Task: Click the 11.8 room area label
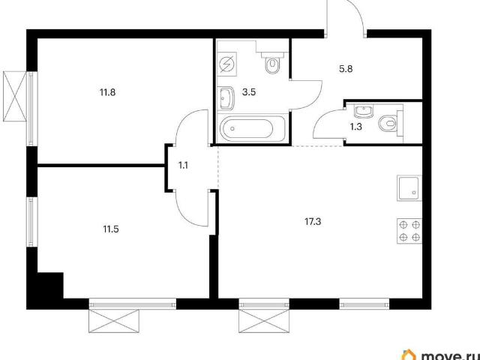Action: (x=107, y=92)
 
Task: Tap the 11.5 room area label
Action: (x=111, y=229)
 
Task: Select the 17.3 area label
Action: (x=313, y=222)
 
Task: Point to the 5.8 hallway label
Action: (x=346, y=69)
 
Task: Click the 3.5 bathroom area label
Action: (x=249, y=92)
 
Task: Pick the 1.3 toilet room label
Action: (x=356, y=127)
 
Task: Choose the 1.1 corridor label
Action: (x=183, y=166)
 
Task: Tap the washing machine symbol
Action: (x=228, y=64)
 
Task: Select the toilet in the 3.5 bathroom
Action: (x=272, y=63)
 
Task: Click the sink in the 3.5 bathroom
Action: (x=226, y=98)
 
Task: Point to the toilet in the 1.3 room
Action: (x=391, y=124)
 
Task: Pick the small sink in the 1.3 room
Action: (x=363, y=112)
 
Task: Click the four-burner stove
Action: (x=409, y=231)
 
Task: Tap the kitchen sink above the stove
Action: (x=409, y=188)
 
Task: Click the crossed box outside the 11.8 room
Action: (x=15, y=97)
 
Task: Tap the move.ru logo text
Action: (x=450, y=355)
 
